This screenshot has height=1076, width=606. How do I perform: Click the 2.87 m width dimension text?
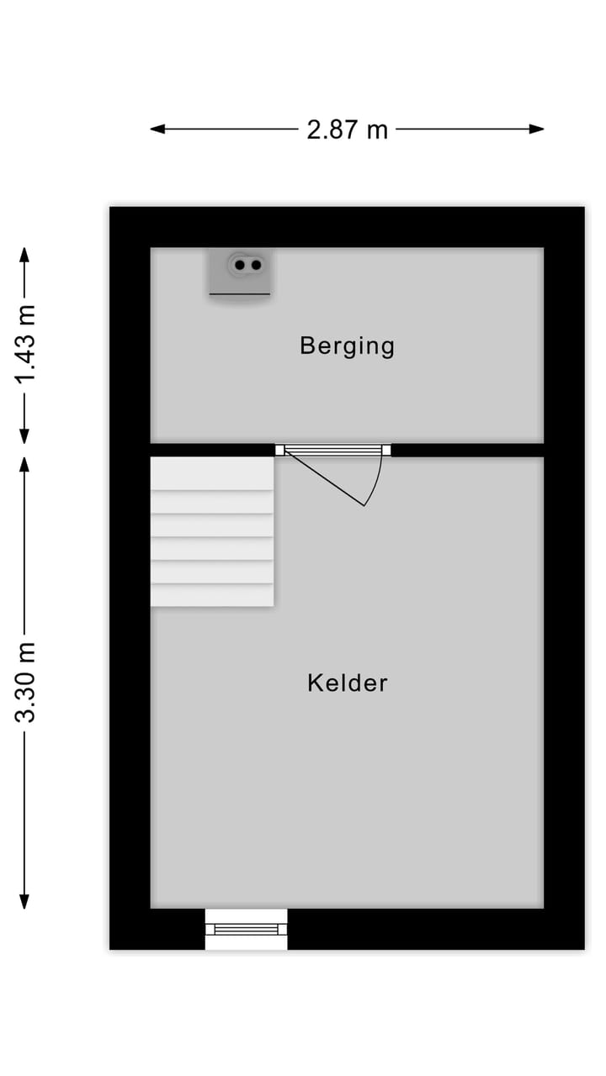tap(347, 129)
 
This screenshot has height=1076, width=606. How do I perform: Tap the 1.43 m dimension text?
tap(25, 345)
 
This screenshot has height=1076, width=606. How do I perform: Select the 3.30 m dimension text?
tap(25, 682)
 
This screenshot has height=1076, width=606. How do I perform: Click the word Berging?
tap(347, 345)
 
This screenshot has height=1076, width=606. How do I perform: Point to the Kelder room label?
tap(347, 683)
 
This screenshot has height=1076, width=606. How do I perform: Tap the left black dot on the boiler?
tap(239, 265)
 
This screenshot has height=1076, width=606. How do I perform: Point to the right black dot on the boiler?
tap(256, 265)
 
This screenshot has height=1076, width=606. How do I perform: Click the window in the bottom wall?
tap(246, 929)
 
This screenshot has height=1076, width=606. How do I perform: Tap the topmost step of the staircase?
tap(212, 473)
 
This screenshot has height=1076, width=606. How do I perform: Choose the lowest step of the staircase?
tap(212, 595)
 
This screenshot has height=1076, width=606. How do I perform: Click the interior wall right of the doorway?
tap(467, 450)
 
